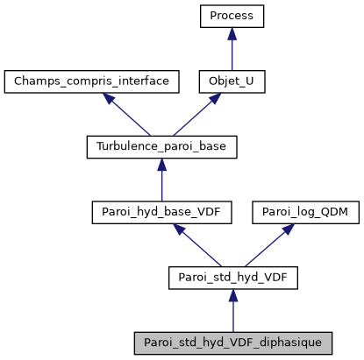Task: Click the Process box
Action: [x=232, y=16]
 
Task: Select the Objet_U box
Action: [x=232, y=81]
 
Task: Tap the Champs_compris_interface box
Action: [x=91, y=81]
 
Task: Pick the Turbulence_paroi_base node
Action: [x=161, y=147]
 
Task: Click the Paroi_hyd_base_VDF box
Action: [x=161, y=212]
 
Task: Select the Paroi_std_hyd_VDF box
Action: [x=232, y=278]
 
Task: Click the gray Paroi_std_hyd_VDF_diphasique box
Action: [x=232, y=342]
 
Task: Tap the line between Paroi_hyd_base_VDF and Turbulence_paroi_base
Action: [x=161, y=184]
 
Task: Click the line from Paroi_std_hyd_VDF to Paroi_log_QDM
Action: [x=263, y=249]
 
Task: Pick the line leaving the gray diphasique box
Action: [x=232, y=314]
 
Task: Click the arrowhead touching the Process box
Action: [x=232, y=33]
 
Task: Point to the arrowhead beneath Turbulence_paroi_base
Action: [x=161, y=165]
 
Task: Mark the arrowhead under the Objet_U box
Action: [x=214, y=98]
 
